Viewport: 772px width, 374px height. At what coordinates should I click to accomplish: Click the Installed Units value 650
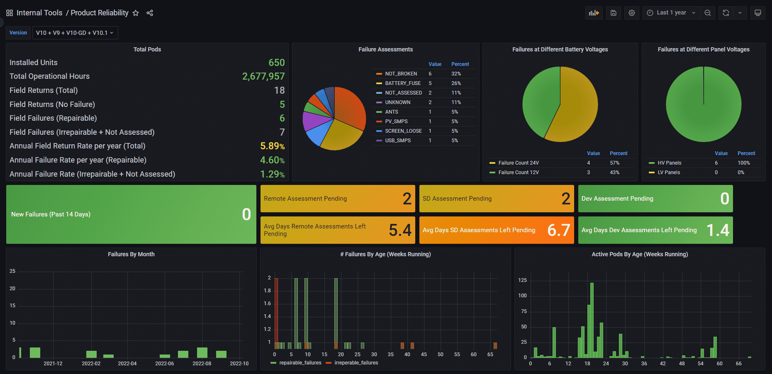[x=276, y=63]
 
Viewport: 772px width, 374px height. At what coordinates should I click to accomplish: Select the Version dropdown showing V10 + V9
[x=75, y=33]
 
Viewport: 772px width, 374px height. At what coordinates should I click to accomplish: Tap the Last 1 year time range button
[x=671, y=13]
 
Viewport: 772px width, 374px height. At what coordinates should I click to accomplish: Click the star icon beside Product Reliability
[x=136, y=13]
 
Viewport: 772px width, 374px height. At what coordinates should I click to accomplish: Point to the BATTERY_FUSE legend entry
[x=402, y=83]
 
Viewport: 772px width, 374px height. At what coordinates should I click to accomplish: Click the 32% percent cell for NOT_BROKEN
[x=456, y=74]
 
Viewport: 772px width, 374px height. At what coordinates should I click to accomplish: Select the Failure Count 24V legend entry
[x=518, y=163]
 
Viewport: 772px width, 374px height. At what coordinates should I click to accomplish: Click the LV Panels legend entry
[x=668, y=172]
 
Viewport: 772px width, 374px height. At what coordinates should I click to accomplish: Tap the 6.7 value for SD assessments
[x=558, y=230]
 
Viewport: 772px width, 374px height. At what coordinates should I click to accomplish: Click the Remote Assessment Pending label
[x=305, y=199]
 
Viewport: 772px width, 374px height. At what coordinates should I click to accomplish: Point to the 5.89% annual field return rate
[x=272, y=146]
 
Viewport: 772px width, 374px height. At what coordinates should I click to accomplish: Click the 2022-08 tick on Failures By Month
[x=202, y=364]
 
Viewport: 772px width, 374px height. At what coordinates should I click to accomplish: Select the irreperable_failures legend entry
[x=356, y=363]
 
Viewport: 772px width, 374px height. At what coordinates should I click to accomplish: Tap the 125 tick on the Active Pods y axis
[x=522, y=280]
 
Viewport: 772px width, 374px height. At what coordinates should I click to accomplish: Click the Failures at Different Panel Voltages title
[x=704, y=49]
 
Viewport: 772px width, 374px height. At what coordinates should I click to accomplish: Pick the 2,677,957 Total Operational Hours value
[x=263, y=76]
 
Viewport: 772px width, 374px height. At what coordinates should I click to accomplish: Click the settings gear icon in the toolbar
[x=631, y=13]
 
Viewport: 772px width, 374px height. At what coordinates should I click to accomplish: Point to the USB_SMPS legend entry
[x=397, y=141]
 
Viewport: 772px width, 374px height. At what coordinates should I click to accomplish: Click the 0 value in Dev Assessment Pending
[x=724, y=199]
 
